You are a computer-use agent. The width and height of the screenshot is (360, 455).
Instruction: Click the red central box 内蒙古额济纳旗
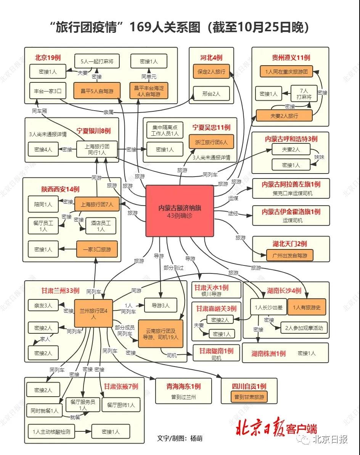coord(180,211)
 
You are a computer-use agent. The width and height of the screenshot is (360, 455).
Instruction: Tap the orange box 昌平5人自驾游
coord(97,91)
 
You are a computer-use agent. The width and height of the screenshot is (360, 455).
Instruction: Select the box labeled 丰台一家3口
coord(48,91)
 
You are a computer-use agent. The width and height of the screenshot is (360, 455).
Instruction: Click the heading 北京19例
coord(48,58)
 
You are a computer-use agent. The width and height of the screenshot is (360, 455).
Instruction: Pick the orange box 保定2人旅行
coord(211,71)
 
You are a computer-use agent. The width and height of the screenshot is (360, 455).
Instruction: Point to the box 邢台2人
coord(211,94)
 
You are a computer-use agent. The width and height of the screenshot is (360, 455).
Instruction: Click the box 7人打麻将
coord(304,94)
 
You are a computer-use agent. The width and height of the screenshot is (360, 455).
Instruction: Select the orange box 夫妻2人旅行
coord(284,116)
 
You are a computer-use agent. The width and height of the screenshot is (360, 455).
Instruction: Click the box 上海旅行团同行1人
coord(97,149)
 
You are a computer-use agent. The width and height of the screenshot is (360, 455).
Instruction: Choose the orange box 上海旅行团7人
coord(97,204)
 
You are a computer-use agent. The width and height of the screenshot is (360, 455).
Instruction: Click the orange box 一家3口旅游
coord(97,249)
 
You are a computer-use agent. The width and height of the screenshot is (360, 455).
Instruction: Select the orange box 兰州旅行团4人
coord(93,314)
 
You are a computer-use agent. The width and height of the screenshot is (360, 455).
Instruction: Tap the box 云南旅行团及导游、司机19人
coord(161,334)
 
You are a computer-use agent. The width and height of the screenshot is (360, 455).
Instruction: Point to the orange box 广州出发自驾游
coord(290,256)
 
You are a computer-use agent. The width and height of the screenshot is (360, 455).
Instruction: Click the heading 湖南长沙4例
coord(284,291)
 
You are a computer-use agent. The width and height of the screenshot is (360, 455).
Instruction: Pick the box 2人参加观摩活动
coord(304,328)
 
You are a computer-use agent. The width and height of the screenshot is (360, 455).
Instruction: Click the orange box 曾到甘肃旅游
coord(249,397)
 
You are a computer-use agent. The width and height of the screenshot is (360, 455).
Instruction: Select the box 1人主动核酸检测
coord(51,431)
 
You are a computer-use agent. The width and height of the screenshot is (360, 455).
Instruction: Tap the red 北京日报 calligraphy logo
coord(260,427)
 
